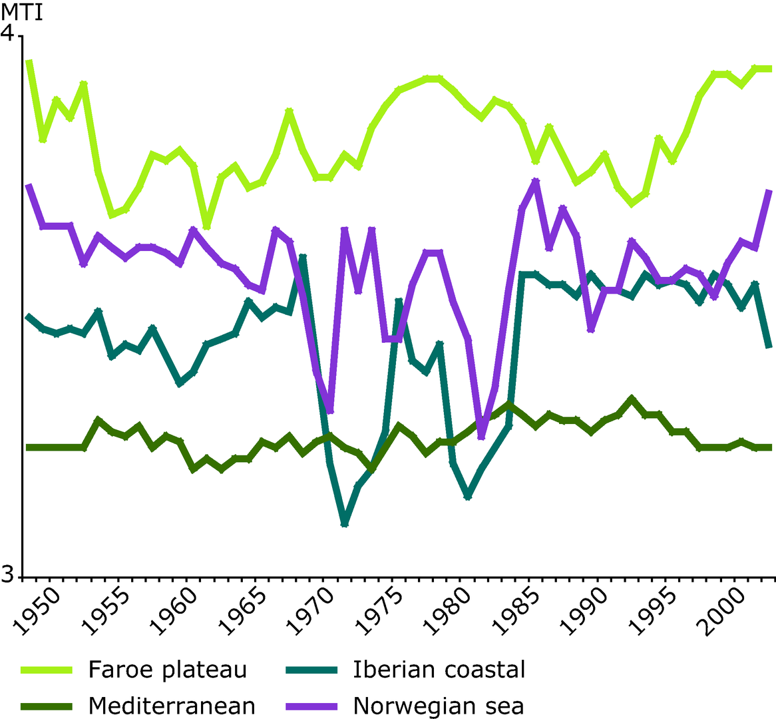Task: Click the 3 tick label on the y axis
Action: click(x=7, y=575)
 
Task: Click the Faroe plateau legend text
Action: click(x=167, y=670)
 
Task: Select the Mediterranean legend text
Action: click(x=172, y=706)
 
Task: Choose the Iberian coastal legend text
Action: click(x=439, y=670)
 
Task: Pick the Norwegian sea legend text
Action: click(x=438, y=706)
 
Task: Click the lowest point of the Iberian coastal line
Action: click(x=345, y=524)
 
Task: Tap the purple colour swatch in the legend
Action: click(x=311, y=706)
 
